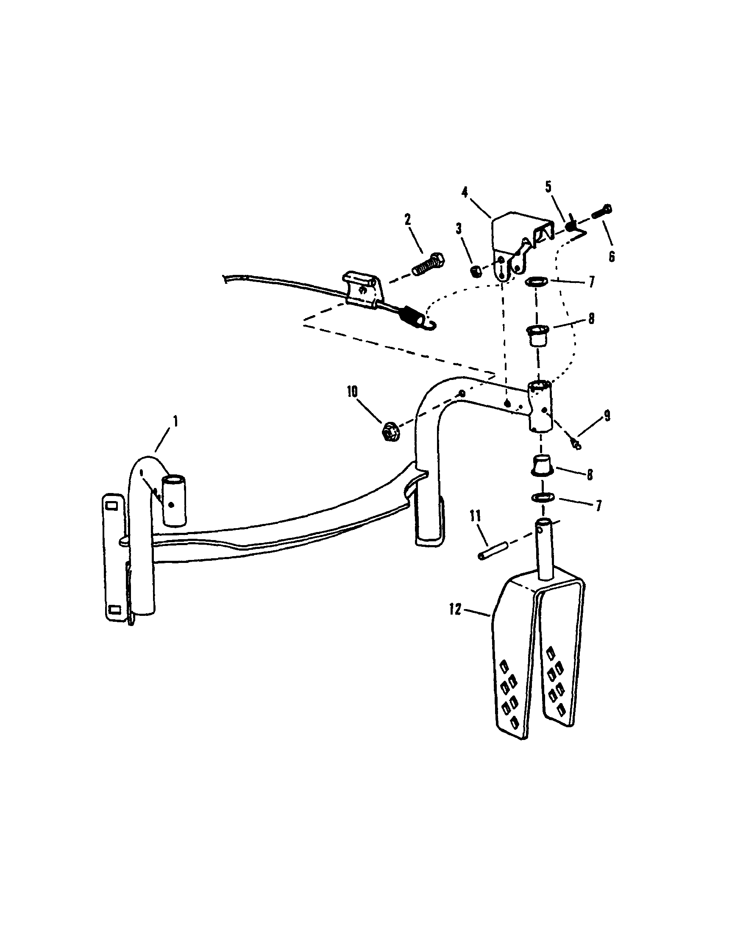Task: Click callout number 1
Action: coord(175,421)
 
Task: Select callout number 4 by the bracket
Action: coord(465,192)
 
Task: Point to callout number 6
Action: coord(612,256)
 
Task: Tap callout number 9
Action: coord(607,416)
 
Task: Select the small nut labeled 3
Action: coord(476,273)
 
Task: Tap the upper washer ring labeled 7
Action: coord(537,282)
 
